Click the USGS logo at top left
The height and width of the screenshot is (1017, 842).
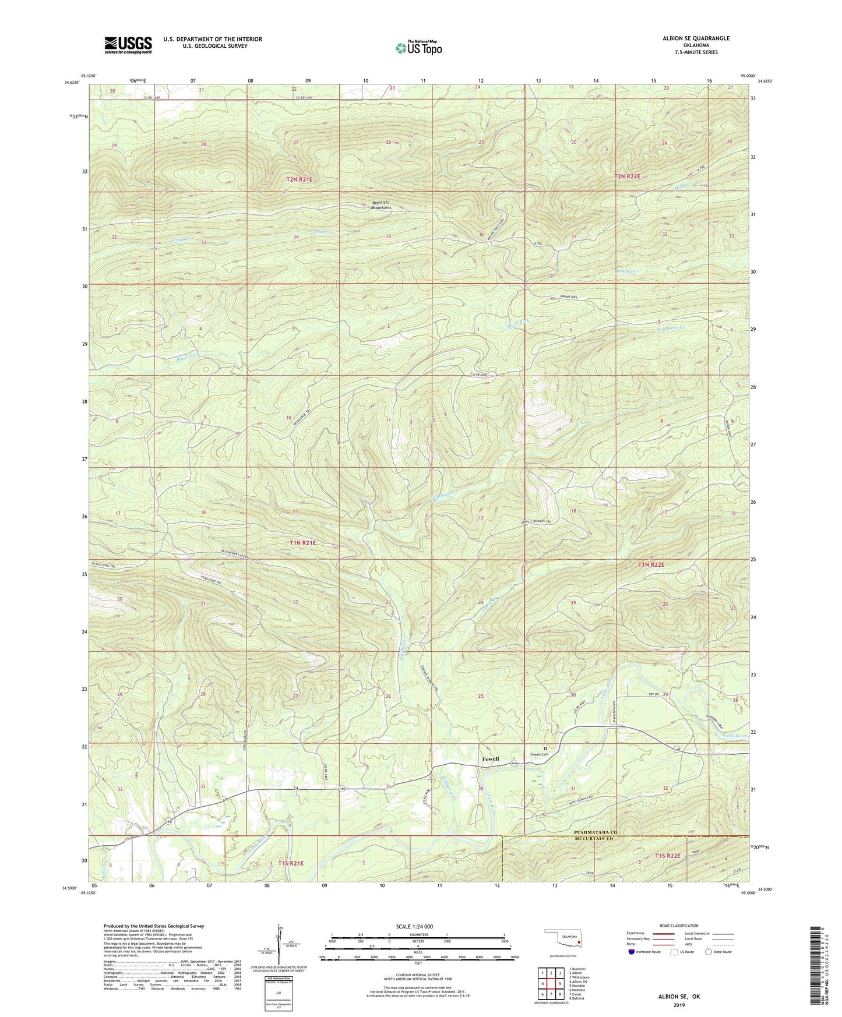click(128, 45)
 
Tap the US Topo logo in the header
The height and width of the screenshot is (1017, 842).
click(418, 48)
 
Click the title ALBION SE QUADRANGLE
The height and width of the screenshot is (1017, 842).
click(696, 38)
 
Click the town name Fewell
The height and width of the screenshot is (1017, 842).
click(491, 759)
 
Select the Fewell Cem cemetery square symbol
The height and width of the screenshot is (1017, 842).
click(545, 748)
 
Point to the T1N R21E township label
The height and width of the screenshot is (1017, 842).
click(302, 542)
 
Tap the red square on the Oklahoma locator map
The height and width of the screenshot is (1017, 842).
click(578, 941)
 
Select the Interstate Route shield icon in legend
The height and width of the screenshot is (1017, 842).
click(632, 951)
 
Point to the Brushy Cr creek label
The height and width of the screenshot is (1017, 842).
click(626, 271)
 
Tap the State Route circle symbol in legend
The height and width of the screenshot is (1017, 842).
click(709, 952)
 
